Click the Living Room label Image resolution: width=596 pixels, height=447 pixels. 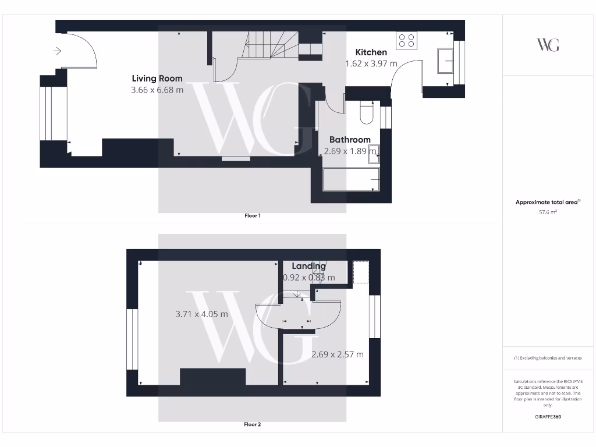point(157,79)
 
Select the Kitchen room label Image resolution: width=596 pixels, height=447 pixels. point(371,52)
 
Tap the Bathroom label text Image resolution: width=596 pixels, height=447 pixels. point(350,140)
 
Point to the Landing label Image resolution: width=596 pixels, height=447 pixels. point(308,266)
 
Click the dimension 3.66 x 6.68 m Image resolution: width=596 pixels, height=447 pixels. point(157,90)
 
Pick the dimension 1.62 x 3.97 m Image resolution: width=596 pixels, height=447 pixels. point(371,63)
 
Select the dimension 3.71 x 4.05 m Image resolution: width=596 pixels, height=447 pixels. point(201,314)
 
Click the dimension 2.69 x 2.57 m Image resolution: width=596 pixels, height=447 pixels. point(338,354)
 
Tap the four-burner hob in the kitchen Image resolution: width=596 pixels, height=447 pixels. point(406,40)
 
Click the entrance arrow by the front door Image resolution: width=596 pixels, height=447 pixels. point(57,51)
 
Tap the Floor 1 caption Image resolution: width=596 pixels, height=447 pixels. point(252,216)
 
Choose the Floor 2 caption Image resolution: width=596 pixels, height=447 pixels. point(252,425)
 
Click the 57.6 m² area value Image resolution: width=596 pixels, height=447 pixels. point(548,212)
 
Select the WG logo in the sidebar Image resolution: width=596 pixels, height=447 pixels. point(548,45)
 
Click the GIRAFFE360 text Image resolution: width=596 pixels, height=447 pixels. point(548,417)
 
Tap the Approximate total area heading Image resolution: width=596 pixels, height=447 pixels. point(547,203)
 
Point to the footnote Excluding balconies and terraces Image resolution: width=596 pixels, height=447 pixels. point(548,358)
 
